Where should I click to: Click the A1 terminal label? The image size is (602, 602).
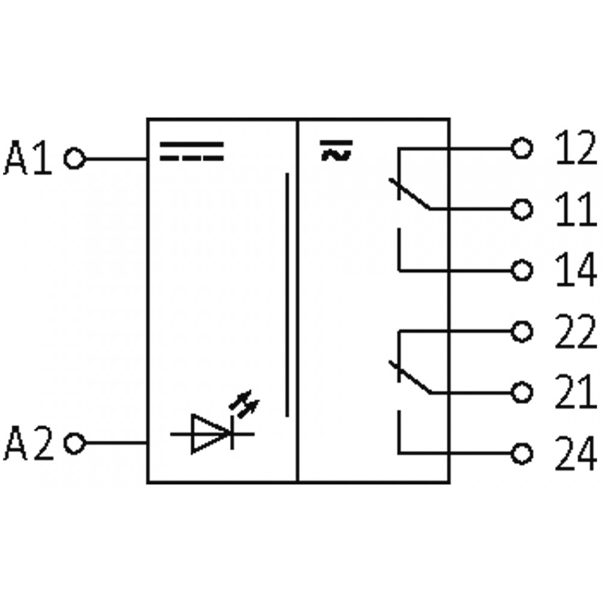tap(28, 157)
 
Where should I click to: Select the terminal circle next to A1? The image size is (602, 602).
tap(75, 158)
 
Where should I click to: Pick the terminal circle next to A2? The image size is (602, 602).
tap(75, 443)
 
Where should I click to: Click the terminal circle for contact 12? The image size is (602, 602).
tap(522, 148)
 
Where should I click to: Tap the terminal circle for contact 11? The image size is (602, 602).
tap(522, 209)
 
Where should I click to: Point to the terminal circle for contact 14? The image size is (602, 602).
tap(522, 270)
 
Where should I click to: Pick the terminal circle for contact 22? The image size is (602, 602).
tap(522, 331)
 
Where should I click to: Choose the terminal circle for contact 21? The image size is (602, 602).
tap(522, 393)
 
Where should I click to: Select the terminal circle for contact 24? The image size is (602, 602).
tap(522, 453)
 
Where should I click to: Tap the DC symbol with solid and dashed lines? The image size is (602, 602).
tap(191, 151)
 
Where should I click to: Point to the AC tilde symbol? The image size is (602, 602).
tap(336, 150)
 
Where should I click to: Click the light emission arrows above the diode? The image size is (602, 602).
tap(244, 403)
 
